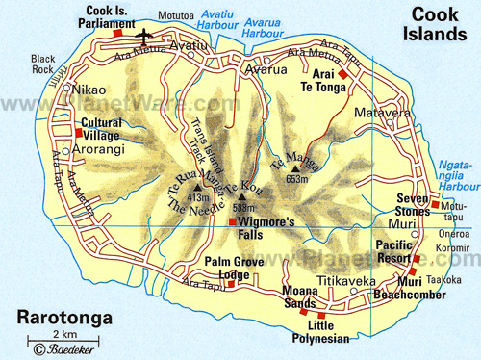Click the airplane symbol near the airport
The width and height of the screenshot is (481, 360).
coord(144,35)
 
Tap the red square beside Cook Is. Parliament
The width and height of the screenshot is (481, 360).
coord(117,33)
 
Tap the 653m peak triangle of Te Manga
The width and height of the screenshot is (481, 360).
coord(295,167)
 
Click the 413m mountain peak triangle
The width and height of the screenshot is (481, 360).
coord(198,188)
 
